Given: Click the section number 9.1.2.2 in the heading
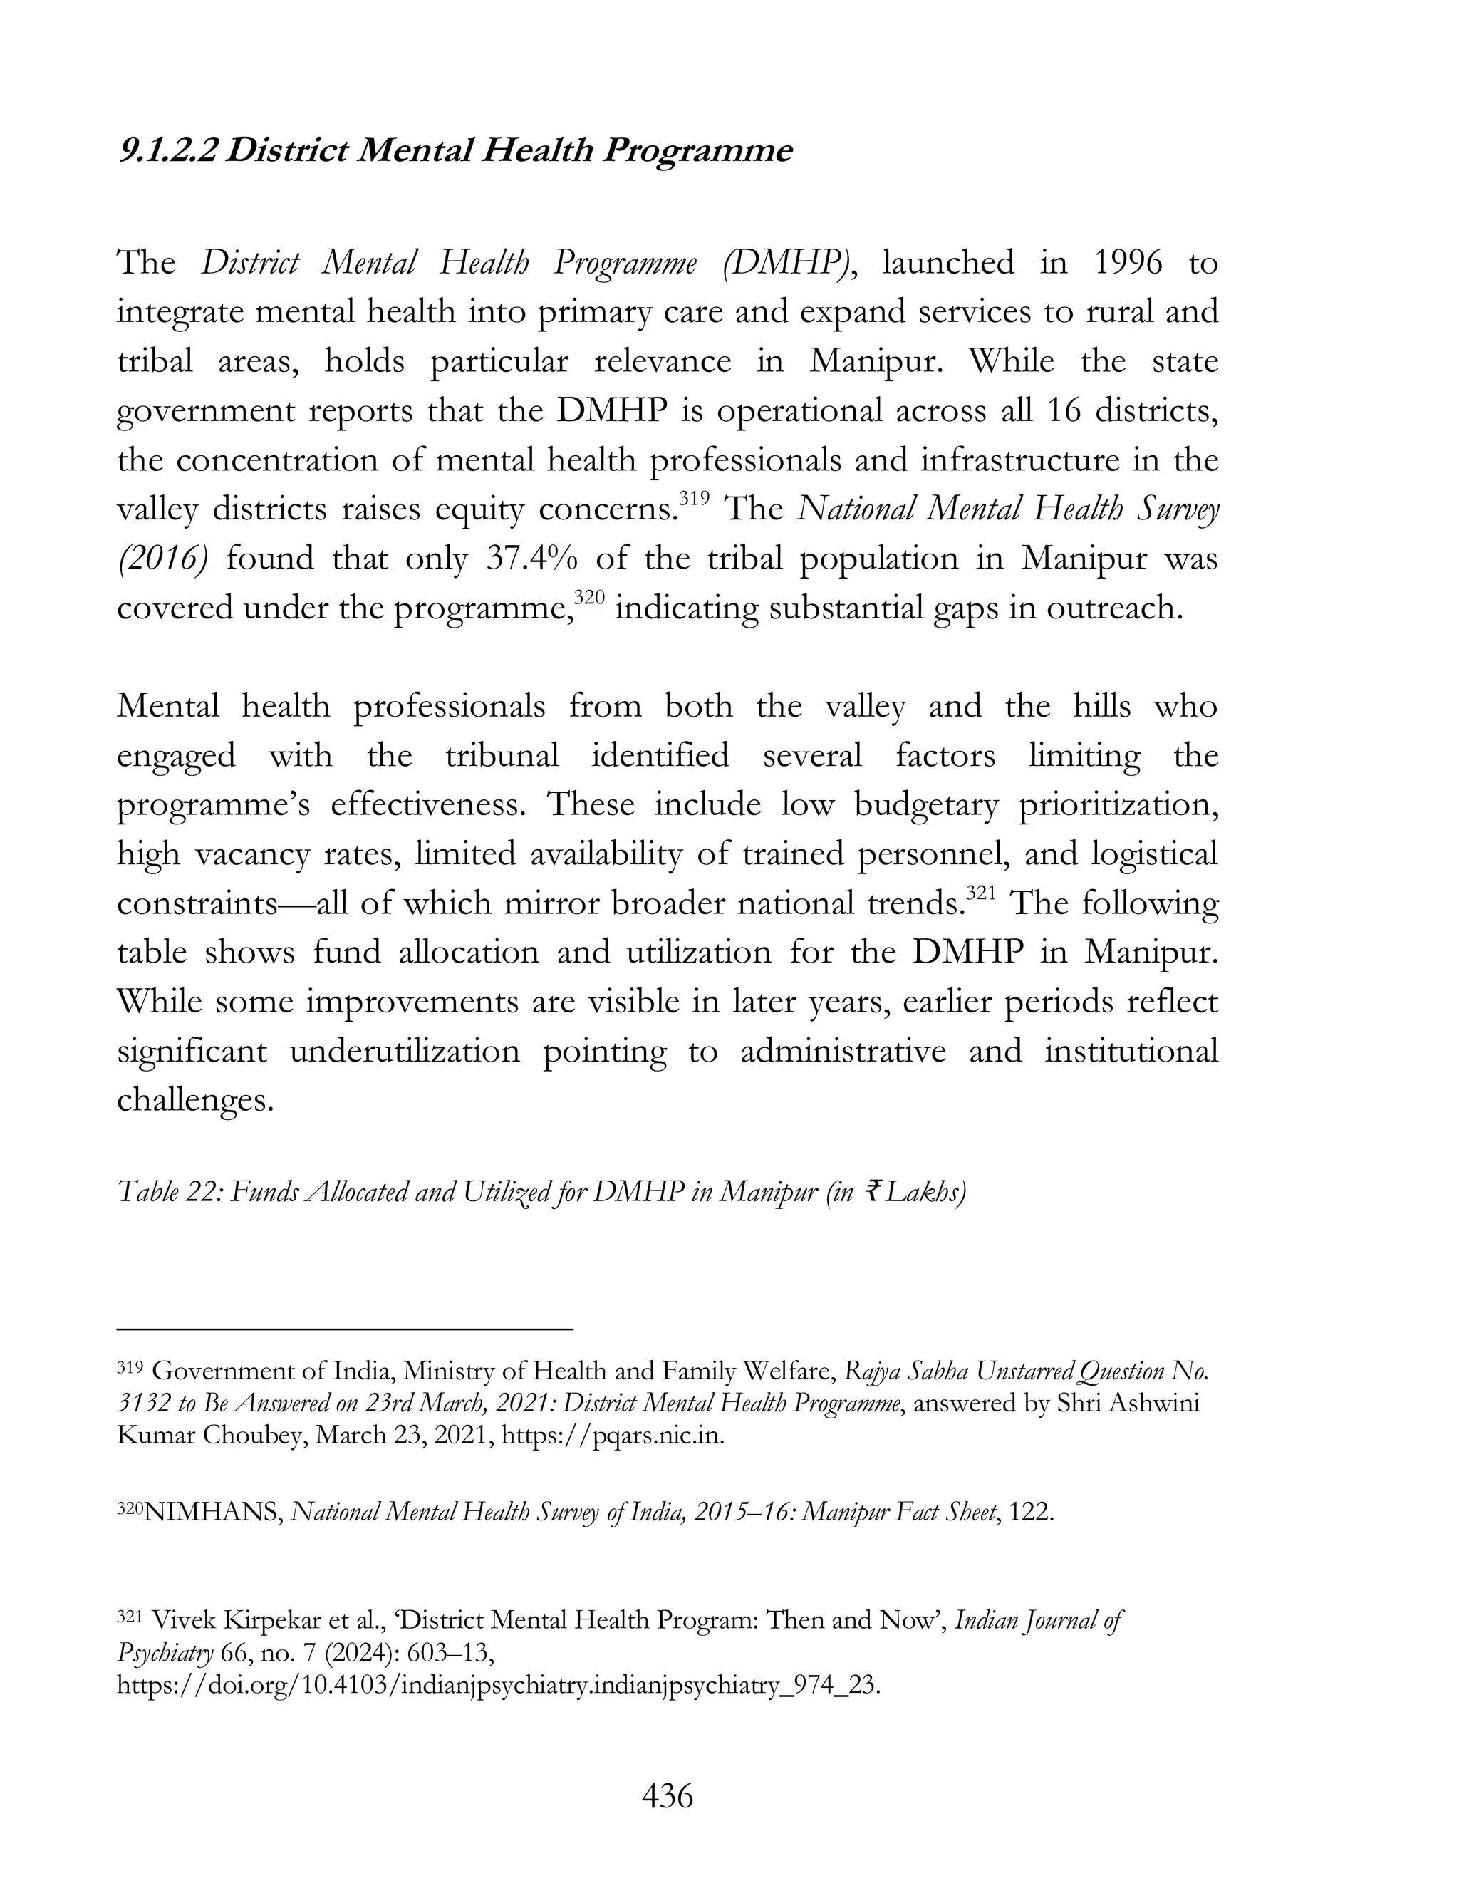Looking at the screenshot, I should point(169,151).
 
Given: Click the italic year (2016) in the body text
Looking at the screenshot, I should point(162,559).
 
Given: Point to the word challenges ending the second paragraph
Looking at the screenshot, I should point(194,1101).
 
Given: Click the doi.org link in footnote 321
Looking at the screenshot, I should point(498,1685).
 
